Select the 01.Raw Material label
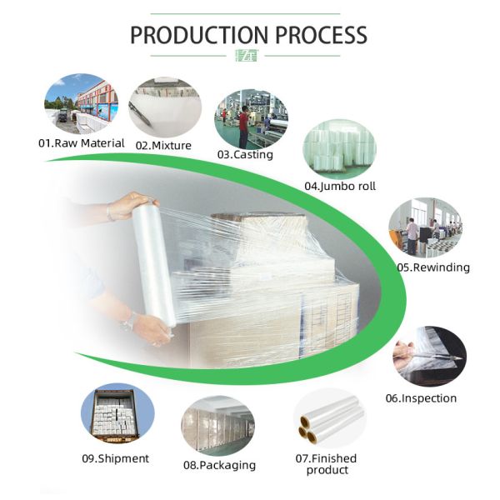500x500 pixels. tap(82, 142)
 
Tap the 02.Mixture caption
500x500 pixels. tap(163, 145)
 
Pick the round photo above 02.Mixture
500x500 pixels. tap(164, 107)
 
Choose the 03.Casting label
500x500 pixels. tap(245, 154)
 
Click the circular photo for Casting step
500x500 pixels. tap(251, 117)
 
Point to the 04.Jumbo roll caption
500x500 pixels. tap(339, 186)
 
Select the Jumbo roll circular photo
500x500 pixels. tap(339, 147)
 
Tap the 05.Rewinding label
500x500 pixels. tap(433, 267)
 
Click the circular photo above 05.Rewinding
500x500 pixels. tap(425, 227)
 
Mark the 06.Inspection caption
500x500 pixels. tap(421, 397)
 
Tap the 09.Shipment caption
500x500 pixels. tap(116, 457)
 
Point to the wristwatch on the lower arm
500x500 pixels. tap(128, 320)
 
